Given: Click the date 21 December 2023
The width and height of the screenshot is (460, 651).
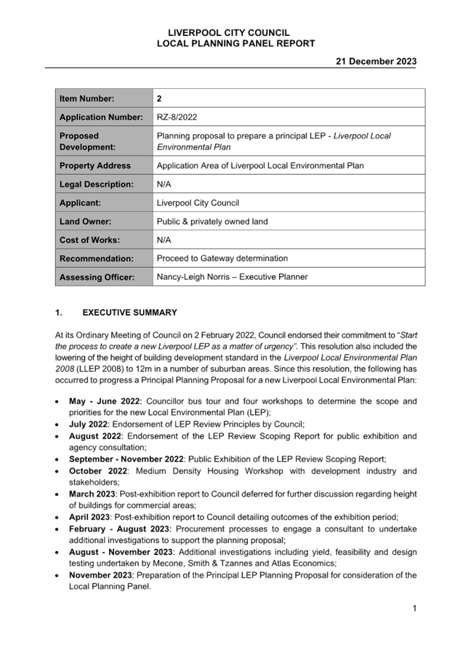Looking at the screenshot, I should coord(375,62).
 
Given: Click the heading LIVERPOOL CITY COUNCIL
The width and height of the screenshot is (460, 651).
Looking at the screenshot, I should coord(229,33).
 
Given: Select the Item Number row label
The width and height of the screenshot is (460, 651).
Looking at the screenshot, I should coord(87,99).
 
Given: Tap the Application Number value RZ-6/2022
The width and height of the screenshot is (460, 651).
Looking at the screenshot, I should coord(177,118).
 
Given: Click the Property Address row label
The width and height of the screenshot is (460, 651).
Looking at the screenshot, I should coord(94,166).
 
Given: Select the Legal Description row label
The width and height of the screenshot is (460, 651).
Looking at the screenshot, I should coord(96,185).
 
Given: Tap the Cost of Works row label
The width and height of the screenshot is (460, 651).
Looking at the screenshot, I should coord(89,240).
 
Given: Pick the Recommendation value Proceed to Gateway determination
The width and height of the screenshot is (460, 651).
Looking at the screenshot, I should coord(222,259).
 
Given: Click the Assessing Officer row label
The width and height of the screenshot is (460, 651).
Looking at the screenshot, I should coord(97,278).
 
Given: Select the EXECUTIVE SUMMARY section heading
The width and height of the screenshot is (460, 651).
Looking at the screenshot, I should coord(130,312).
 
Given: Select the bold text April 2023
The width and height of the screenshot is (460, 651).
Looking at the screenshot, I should coord(90,517).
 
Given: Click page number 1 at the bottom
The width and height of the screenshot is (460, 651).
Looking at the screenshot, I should coord(415,608).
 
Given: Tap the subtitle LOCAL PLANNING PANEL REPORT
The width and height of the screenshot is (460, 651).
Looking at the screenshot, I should coord(235,44).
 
